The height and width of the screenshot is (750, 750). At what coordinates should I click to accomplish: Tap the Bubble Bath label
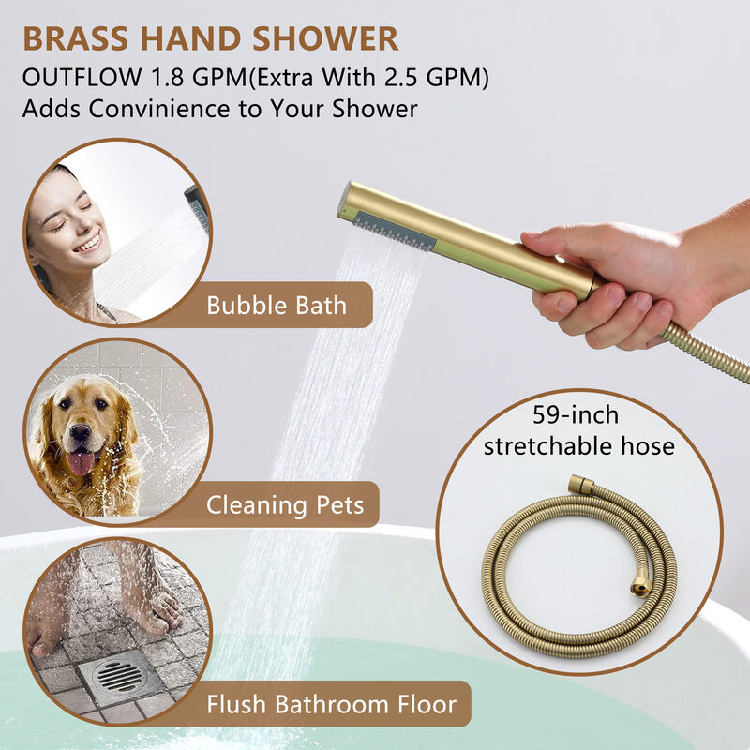tap(277, 305)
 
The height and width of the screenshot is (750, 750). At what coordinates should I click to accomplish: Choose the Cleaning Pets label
tap(285, 505)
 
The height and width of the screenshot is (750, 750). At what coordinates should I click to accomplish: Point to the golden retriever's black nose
tap(80, 434)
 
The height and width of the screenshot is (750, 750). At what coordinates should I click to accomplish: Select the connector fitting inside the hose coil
tap(640, 586)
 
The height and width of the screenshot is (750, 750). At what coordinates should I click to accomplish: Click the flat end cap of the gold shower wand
tap(345, 200)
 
